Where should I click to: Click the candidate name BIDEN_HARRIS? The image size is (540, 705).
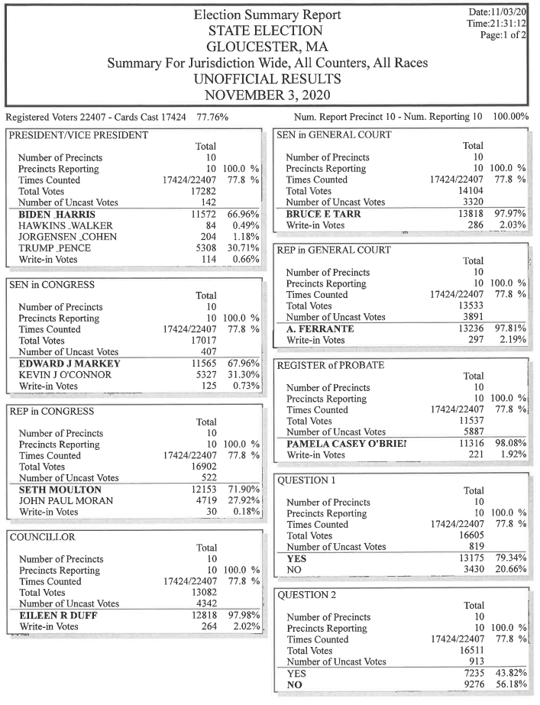51,215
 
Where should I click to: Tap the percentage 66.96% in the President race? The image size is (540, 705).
243,215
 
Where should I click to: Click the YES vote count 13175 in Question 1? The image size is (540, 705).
473,559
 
